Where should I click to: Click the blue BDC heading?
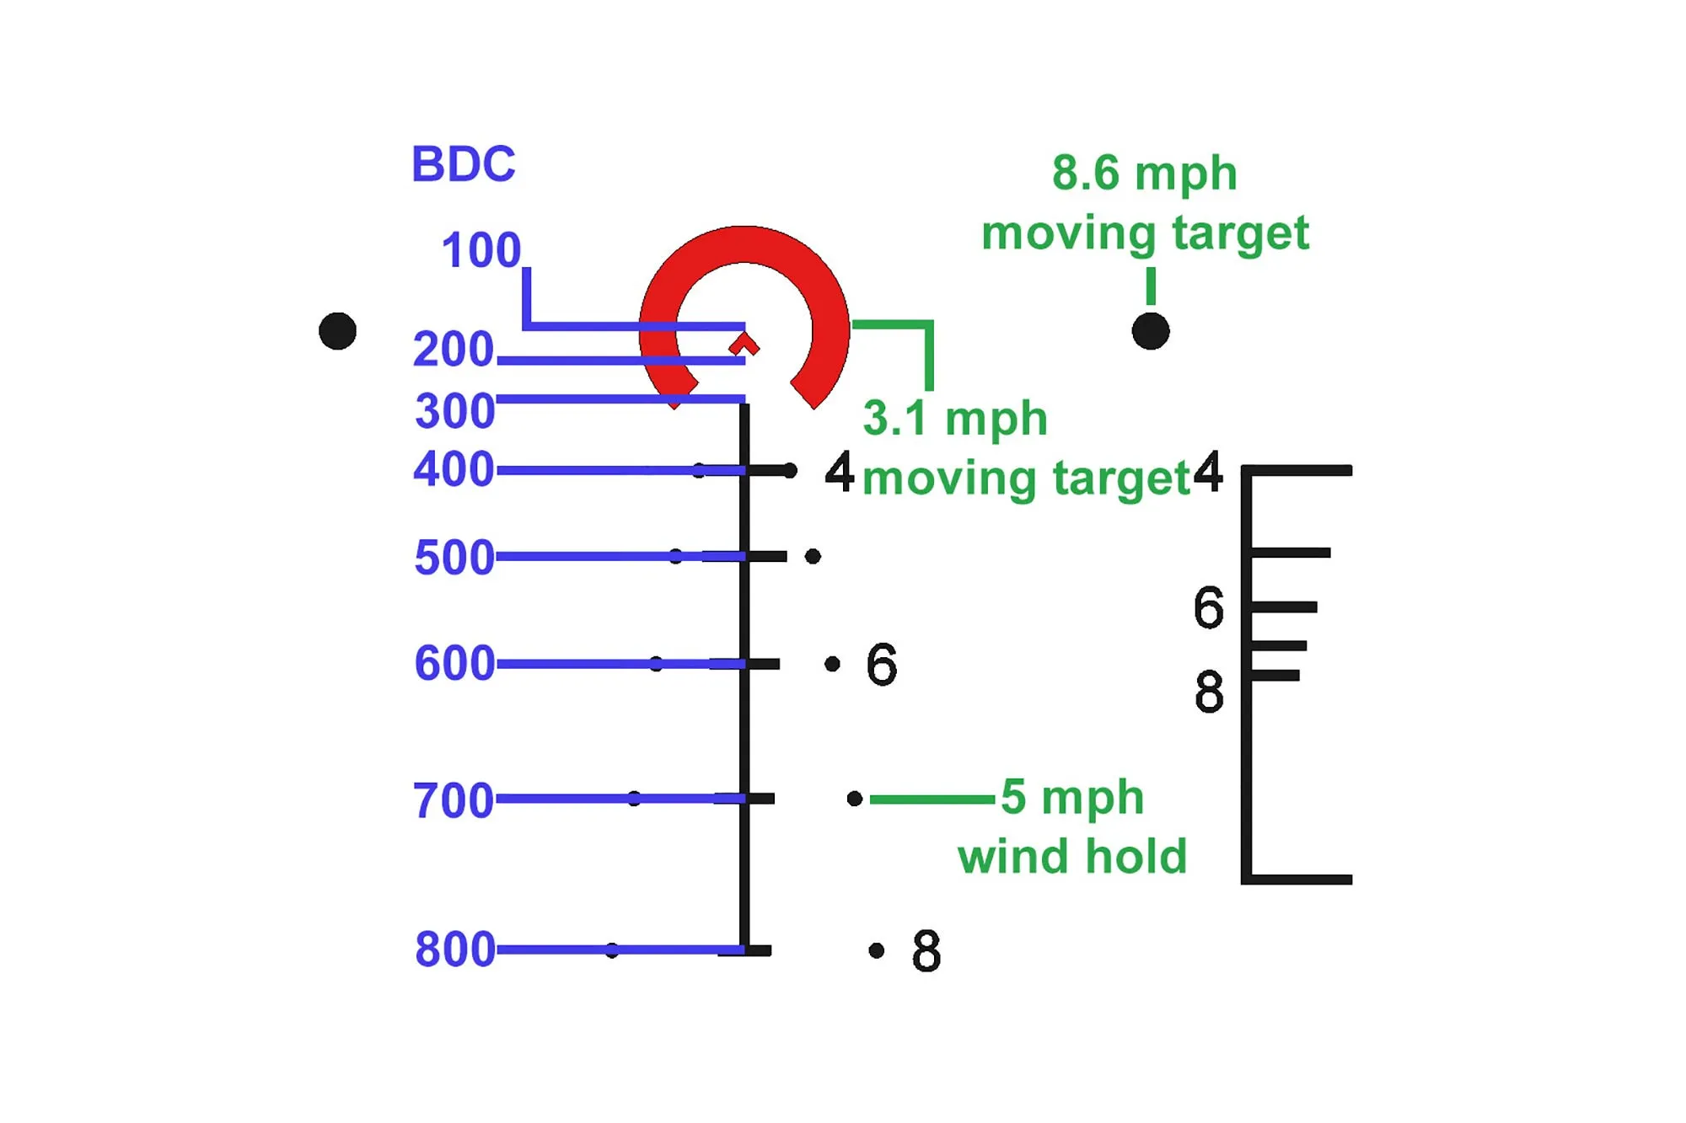(463, 163)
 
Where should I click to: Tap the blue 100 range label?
(481, 250)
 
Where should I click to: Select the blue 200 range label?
(453, 349)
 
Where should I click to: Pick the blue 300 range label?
(454, 411)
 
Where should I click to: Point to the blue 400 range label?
(454, 469)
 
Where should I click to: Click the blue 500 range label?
(454, 557)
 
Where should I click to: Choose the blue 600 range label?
(454, 663)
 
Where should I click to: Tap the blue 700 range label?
(453, 799)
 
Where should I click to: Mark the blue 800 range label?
(454, 949)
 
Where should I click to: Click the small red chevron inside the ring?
(744, 345)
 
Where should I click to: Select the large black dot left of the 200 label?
(338, 330)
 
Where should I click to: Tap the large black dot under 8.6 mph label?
(1151, 330)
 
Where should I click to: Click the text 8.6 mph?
(1144, 174)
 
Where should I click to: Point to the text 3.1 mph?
(954, 419)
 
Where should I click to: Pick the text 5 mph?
(1071, 797)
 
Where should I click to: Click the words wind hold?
(1071, 857)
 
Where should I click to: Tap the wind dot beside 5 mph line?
(854, 798)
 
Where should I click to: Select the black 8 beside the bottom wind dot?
(926, 951)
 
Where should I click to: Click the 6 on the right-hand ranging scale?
(1208, 607)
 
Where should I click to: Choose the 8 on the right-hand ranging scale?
(1209, 692)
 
